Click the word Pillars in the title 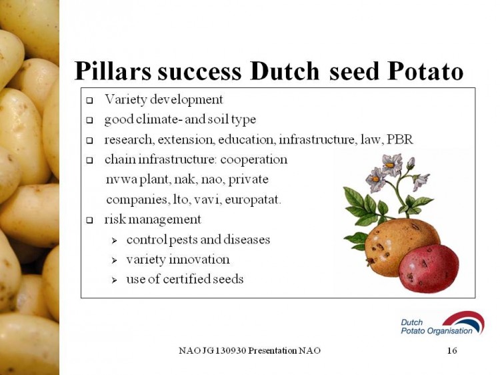click(x=113, y=71)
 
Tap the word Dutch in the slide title click(x=285, y=71)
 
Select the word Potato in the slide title click(x=425, y=71)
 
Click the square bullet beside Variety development click(x=89, y=101)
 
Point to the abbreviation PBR click(x=399, y=139)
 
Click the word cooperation click(x=254, y=159)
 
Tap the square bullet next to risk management click(x=89, y=220)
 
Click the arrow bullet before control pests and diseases click(x=115, y=241)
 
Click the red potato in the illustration click(x=429, y=268)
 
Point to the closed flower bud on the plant click(x=411, y=163)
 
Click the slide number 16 click(x=452, y=350)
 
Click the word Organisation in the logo click(x=450, y=331)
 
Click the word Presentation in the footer click(x=272, y=350)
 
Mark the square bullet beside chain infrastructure click(x=89, y=161)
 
